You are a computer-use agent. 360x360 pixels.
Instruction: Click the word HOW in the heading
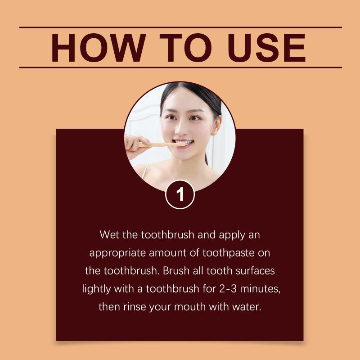(x=99, y=48)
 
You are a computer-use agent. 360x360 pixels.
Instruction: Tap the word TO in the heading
(x=185, y=48)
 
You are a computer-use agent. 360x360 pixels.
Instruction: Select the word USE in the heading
(x=266, y=48)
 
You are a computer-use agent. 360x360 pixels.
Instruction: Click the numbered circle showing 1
(x=180, y=194)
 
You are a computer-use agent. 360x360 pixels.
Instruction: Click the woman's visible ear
(x=216, y=125)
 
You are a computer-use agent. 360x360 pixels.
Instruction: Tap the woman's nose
(x=181, y=130)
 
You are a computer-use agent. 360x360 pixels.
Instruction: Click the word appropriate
(x=117, y=253)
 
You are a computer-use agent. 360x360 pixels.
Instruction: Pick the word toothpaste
(x=229, y=253)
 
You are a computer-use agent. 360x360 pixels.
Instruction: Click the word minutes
(x=260, y=289)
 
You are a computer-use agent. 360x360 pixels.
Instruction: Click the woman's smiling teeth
(x=184, y=143)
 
